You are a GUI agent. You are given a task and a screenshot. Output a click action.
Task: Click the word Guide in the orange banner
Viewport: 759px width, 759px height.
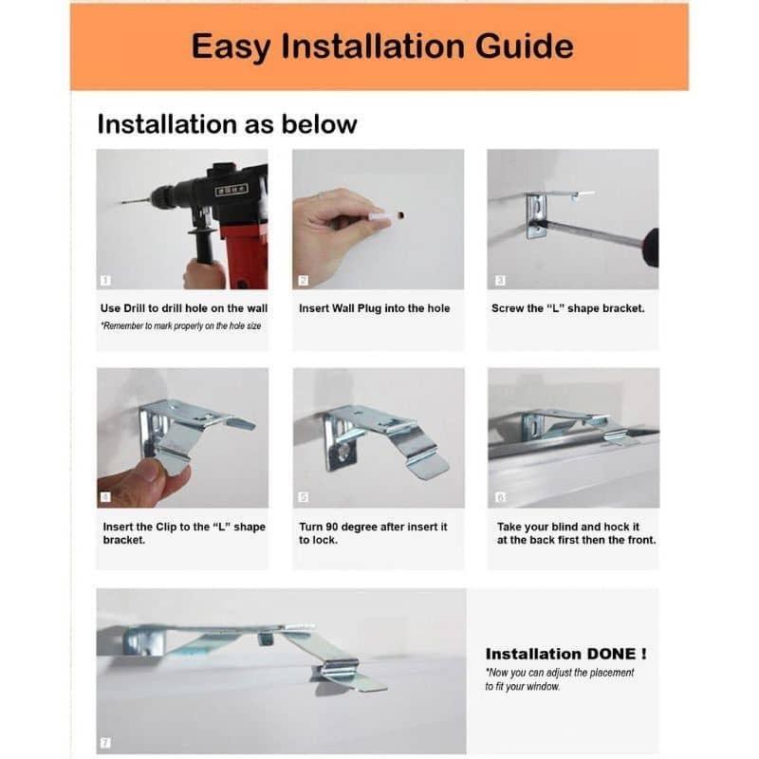click(525, 46)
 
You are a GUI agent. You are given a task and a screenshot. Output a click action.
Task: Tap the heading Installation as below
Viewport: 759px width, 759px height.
click(227, 124)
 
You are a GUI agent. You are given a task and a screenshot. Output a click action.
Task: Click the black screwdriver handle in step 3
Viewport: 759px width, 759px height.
click(651, 248)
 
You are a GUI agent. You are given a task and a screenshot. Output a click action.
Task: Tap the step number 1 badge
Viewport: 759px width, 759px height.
click(105, 280)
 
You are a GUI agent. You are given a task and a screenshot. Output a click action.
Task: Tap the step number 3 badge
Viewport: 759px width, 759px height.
click(500, 280)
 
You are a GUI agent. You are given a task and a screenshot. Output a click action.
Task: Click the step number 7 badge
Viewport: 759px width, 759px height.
click(105, 743)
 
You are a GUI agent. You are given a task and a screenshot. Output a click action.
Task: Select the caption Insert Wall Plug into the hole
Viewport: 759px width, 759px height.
click(374, 308)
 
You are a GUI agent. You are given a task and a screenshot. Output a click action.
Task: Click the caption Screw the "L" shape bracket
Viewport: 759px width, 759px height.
click(567, 308)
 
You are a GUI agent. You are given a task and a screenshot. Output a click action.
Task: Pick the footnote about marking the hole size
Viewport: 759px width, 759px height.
click(181, 325)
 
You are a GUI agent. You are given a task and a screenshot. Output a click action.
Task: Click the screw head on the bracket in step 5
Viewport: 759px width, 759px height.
click(343, 453)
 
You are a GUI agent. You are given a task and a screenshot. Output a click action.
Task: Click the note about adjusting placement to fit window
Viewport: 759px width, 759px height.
click(560, 679)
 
